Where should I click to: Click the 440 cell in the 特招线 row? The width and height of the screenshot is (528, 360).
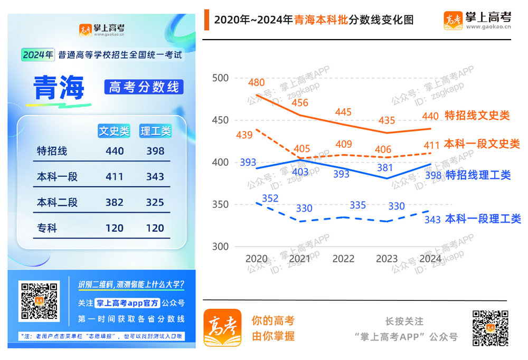115,151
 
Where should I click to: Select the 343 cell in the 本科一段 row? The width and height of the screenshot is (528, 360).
155,177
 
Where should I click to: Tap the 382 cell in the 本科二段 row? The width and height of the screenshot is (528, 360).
115,203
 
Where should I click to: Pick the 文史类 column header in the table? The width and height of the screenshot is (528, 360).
114,130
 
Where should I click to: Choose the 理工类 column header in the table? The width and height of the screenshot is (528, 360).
155,130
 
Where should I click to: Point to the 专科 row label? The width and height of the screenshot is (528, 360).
47,229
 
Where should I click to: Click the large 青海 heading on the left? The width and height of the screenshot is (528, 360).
59,88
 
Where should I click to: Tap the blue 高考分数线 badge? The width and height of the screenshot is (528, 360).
144,87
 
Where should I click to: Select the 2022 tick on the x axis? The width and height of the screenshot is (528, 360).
344,259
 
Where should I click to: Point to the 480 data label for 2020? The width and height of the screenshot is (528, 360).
257,83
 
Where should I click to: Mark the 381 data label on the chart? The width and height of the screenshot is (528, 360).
385,168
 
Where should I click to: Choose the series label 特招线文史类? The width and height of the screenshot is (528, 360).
477,115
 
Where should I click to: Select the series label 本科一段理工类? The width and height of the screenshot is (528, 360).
483,219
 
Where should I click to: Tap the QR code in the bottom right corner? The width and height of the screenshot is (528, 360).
490,328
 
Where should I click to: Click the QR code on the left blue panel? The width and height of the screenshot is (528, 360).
39,301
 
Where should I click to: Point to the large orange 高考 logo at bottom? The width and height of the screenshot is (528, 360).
222,327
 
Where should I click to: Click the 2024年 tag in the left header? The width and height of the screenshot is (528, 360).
38,54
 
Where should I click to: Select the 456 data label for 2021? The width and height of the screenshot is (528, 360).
300,103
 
